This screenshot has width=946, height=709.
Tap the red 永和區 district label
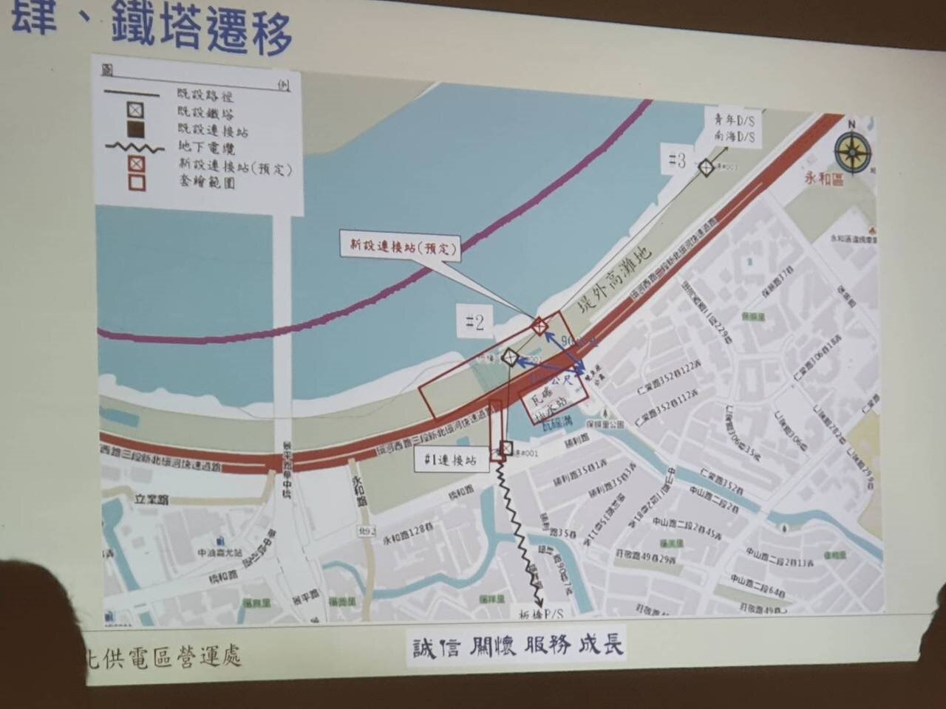coord(825,179)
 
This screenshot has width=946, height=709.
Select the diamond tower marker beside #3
coord(706,168)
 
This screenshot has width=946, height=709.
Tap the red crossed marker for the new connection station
coord(540,326)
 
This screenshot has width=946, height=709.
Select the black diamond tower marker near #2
coord(508,358)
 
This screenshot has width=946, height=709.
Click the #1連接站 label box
coord(452,459)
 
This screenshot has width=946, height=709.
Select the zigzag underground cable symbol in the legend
coord(135,146)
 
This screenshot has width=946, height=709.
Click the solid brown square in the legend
coord(135,129)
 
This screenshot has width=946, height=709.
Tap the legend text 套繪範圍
coord(206,182)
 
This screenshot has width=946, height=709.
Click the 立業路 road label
coord(151,499)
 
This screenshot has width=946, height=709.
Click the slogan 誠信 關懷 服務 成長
coord(517,646)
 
